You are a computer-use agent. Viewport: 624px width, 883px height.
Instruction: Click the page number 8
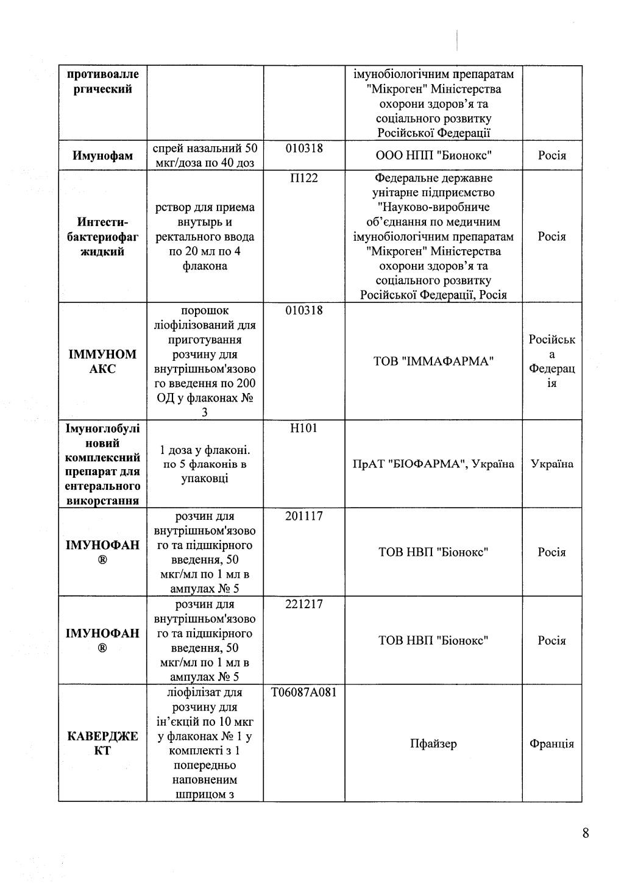586,833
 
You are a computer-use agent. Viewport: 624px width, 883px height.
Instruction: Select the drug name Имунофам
102,156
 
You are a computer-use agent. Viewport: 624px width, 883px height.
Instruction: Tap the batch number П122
303,178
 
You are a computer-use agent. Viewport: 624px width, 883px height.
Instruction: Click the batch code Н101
303,428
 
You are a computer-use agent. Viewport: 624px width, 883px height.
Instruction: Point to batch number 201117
303,516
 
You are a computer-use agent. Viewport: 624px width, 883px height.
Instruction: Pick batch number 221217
303,605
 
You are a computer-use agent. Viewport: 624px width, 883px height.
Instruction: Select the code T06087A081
303,692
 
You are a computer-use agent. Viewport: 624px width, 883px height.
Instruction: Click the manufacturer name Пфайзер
433,743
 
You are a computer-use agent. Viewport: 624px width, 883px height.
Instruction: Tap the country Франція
551,743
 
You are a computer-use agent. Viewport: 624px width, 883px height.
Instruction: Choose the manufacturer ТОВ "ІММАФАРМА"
433,361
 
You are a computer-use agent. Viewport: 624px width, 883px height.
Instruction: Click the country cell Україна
551,464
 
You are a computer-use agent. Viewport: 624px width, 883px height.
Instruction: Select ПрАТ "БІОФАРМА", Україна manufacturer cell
433,464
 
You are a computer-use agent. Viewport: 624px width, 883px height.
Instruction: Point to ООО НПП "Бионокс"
433,156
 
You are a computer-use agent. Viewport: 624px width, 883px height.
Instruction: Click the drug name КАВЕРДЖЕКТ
102,743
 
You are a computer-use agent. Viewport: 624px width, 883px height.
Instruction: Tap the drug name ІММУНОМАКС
102,361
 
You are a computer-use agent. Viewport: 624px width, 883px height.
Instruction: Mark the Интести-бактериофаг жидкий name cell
102,236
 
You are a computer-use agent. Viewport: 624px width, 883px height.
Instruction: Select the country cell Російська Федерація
551,361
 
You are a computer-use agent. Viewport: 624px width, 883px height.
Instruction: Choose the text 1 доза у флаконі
204,450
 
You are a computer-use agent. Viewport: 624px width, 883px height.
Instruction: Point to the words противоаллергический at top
102,82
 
